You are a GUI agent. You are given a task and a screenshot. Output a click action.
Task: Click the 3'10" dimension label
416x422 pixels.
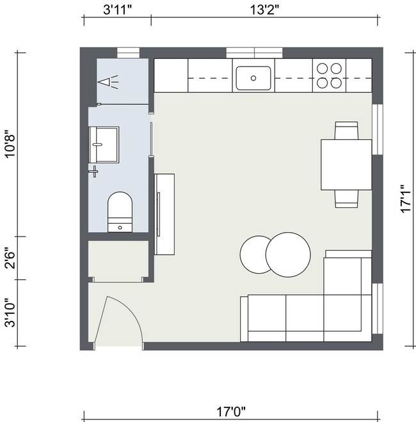tap(10, 313)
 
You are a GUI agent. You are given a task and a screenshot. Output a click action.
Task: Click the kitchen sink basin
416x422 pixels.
tap(253, 78)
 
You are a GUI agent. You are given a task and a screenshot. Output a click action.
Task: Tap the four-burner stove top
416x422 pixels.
tap(329, 75)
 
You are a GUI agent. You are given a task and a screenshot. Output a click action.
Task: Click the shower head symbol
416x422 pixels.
tap(109, 81)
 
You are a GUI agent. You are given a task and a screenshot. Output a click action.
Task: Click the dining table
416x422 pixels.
tap(346, 164)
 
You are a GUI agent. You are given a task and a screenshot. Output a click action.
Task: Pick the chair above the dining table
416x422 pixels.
tap(346, 130)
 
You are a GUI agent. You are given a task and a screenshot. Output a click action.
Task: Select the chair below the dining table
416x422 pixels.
tap(346, 198)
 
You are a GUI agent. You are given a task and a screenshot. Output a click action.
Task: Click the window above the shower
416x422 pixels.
tap(128, 52)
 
